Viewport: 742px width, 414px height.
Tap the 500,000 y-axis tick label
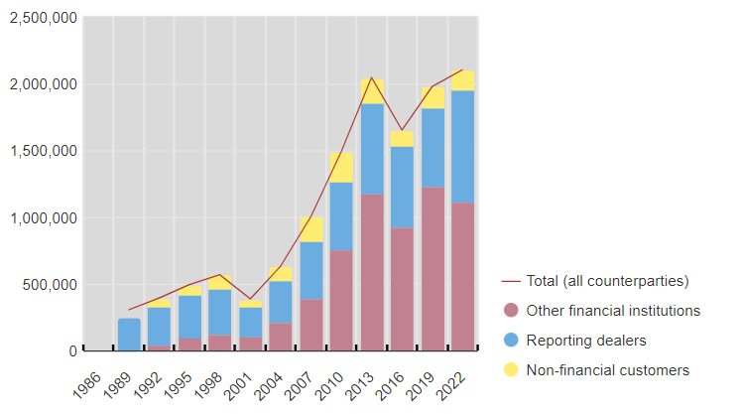pyautogui.click(x=47, y=284)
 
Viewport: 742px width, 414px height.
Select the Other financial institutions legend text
pyautogui.click(x=613, y=311)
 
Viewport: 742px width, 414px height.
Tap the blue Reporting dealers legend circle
pyautogui.click(x=512, y=341)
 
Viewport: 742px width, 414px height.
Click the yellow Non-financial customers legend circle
pyautogui.click(x=512, y=370)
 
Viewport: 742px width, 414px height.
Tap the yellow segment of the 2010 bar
pyautogui.click(x=341, y=168)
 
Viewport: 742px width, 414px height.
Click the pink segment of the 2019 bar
pyautogui.click(x=433, y=269)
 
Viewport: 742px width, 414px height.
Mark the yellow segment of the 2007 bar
pyautogui.click(x=311, y=229)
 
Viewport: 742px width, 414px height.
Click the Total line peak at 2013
pyautogui.click(x=372, y=77)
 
